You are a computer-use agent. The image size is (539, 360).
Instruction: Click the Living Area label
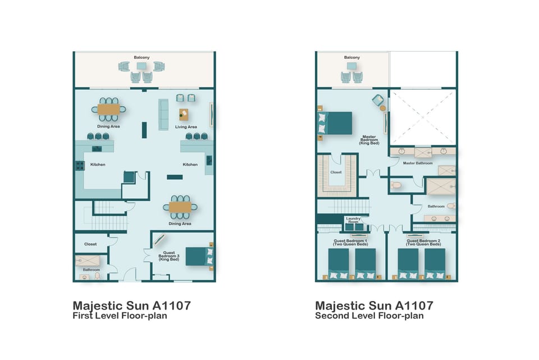click(186, 127)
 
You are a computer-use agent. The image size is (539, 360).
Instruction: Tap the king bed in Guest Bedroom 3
click(199, 257)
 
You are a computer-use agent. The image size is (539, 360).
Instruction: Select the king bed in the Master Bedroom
click(335, 123)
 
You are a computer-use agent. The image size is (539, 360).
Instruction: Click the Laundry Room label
click(353, 220)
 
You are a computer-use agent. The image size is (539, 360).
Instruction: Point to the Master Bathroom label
click(418, 163)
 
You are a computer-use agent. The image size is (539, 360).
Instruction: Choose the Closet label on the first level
click(90, 244)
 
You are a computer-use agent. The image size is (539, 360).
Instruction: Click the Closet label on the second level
click(336, 172)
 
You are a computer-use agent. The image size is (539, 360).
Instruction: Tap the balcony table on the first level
click(141, 66)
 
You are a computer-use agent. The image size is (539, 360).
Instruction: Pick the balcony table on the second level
click(351, 66)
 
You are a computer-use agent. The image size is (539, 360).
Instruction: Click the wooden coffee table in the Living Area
click(184, 115)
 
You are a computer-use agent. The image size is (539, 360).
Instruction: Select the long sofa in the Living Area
click(163, 115)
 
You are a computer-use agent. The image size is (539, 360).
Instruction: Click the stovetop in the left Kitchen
click(80, 166)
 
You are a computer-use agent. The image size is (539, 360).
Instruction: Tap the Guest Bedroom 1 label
click(350, 243)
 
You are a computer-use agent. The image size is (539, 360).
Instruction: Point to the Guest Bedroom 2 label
click(423, 243)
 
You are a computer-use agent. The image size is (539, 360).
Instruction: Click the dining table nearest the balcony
click(108, 110)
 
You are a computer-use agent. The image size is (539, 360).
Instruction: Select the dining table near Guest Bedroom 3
click(180, 207)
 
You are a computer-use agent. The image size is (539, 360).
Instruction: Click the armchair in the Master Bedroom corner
click(378, 100)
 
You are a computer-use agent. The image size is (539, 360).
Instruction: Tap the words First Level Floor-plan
click(120, 316)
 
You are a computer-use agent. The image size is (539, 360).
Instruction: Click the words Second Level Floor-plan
click(369, 316)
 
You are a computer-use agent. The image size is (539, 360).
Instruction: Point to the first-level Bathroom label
click(91, 270)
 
